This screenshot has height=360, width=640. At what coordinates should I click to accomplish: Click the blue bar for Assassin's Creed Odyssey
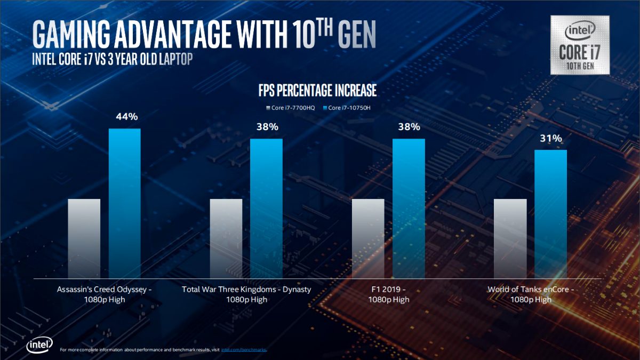[125, 203]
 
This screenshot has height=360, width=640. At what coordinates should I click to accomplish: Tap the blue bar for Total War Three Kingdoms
[266, 208]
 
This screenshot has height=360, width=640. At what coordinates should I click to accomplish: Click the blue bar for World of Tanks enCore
[550, 213]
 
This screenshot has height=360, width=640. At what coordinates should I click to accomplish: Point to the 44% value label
[125, 116]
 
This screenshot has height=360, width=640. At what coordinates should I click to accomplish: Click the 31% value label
[550, 138]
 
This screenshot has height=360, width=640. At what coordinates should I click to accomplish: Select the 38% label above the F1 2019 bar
[409, 127]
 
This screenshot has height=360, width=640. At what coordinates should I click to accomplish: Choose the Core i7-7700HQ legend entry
[291, 108]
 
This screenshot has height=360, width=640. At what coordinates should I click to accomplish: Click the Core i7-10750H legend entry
[348, 108]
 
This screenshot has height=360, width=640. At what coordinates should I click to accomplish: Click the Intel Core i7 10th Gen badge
[580, 44]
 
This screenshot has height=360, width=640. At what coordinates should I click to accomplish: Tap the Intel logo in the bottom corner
[38, 346]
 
